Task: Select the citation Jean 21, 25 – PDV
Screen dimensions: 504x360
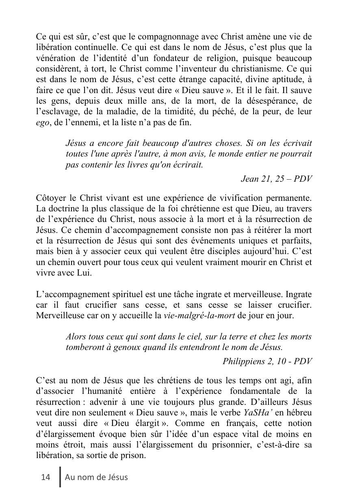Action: (x=276, y=178)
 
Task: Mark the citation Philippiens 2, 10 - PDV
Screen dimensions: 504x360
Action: (x=267, y=361)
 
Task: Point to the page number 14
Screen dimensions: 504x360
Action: (x=46, y=477)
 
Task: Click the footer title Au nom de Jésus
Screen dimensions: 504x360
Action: (x=96, y=477)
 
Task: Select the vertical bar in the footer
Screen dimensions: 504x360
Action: (x=60, y=477)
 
